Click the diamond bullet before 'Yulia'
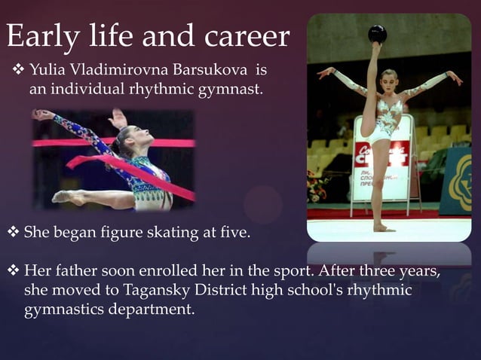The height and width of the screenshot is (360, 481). tap(18, 72)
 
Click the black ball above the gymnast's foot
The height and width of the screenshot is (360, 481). tap(377, 34)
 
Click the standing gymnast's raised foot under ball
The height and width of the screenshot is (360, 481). tap(375, 50)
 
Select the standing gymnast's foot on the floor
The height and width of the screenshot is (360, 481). tap(383, 227)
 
